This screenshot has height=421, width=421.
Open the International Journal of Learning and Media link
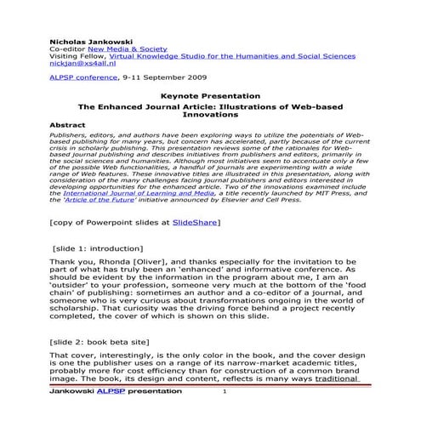click(151, 193)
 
